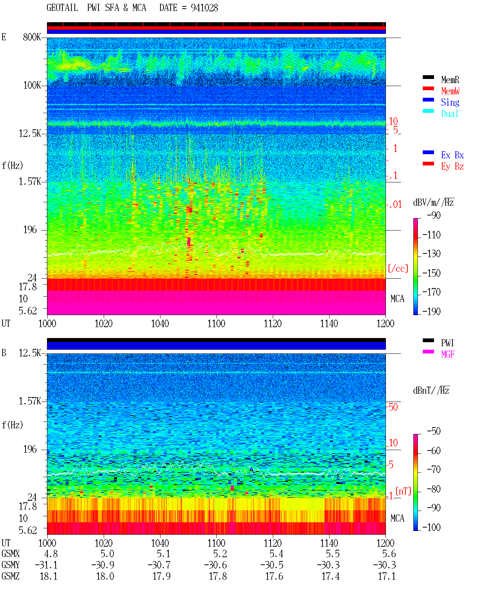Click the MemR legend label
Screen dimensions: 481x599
click(450, 80)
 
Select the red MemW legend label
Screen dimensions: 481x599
click(450, 91)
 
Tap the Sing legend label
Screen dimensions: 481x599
click(450, 102)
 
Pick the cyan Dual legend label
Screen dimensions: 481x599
click(450, 114)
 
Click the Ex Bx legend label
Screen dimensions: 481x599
click(452, 155)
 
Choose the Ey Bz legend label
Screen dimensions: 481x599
click(452, 166)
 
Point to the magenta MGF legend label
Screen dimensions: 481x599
click(448, 354)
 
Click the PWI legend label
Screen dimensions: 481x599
click(447, 343)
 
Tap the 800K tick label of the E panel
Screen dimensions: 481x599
click(32, 37)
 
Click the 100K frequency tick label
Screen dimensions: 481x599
click(32, 85)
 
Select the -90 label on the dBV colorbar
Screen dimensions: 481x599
click(434, 215)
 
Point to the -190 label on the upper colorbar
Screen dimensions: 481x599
click(431, 311)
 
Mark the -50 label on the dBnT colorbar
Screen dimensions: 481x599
click(434, 431)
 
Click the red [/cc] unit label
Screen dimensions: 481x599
click(398, 268)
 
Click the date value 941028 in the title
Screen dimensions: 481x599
click(204, 8)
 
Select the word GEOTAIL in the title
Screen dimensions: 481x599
click(62, 8)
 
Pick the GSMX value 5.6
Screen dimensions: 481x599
click(389, 554)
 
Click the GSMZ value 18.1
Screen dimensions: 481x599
click(49, 576)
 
